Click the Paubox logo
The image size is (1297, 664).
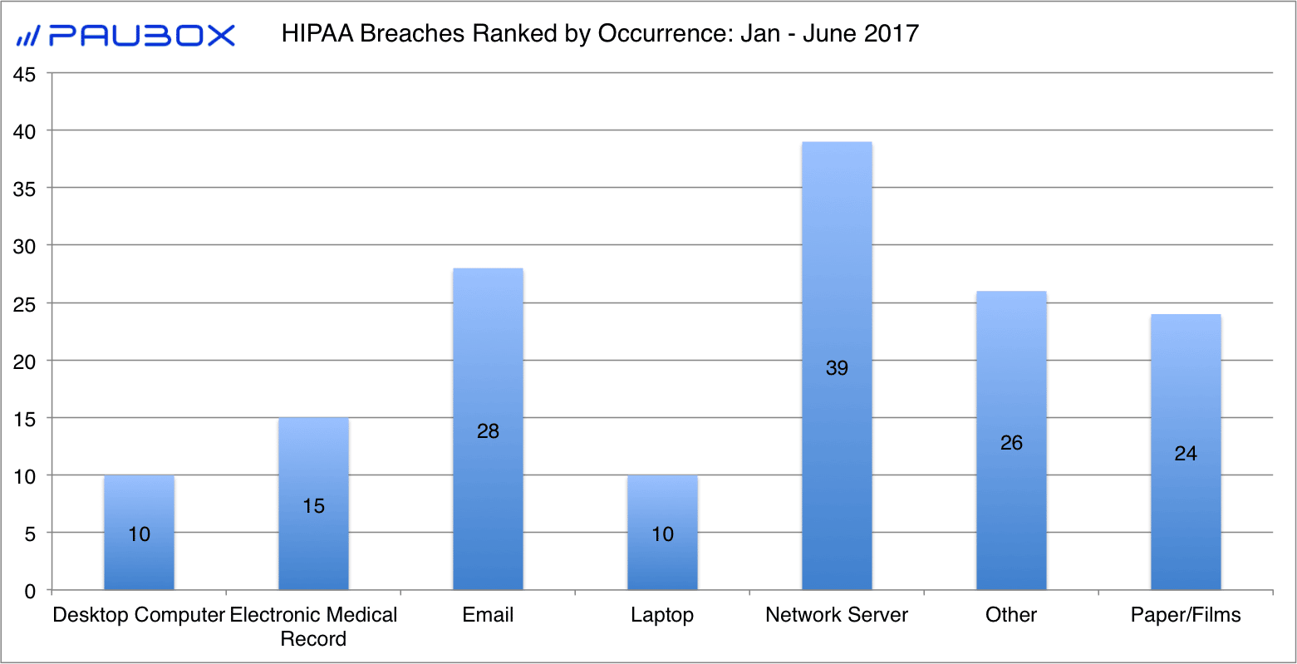point(126,35)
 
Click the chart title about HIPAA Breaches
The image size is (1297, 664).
point(600,33)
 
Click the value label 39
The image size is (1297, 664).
point(837,367)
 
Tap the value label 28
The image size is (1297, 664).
point(488,430)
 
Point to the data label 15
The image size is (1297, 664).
point(313,505)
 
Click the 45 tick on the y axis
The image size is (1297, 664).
point(25,75)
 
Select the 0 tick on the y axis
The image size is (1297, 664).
point(31,592)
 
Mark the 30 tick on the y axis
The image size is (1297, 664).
point(25,247)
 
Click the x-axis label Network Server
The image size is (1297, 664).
point(837,615)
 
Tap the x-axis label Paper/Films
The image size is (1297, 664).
point(1186,615)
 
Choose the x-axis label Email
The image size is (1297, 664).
point(488,615)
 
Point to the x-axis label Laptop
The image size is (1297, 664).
point(662,615)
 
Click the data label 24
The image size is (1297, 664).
point(1186,453)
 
